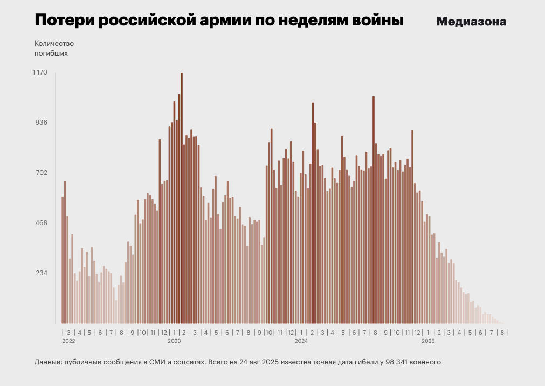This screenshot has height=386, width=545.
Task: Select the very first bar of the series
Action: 63,260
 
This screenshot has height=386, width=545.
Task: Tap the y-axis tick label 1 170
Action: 41,72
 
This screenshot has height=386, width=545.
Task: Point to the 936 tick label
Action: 42,123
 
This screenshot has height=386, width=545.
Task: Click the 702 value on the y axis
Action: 42,173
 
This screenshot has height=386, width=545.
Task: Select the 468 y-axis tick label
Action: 42,223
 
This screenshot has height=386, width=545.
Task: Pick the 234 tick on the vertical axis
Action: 42,273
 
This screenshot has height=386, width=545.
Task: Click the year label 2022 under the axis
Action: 68,341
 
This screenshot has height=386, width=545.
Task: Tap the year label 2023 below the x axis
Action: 174,341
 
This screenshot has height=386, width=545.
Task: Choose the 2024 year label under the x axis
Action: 301,341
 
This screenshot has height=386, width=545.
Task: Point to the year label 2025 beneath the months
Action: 427,341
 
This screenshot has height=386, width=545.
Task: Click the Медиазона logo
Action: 471,22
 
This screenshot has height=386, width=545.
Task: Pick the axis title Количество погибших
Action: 54,48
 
